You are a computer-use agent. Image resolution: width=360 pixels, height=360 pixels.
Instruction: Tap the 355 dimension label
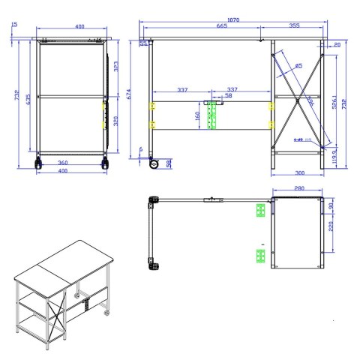click(x=293, y=26)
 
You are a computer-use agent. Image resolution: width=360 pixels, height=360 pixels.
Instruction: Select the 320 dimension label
click(x=115, y=121)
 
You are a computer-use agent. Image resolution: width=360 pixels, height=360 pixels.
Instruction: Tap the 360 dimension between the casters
click(x=62, y=162)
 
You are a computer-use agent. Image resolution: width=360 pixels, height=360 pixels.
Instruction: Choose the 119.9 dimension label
click(x=334, y=158)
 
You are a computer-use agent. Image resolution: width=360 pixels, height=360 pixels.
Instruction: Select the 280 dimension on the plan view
click(x=298, y=188)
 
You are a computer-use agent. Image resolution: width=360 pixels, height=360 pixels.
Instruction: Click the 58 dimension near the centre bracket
click(x=228, y=96)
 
